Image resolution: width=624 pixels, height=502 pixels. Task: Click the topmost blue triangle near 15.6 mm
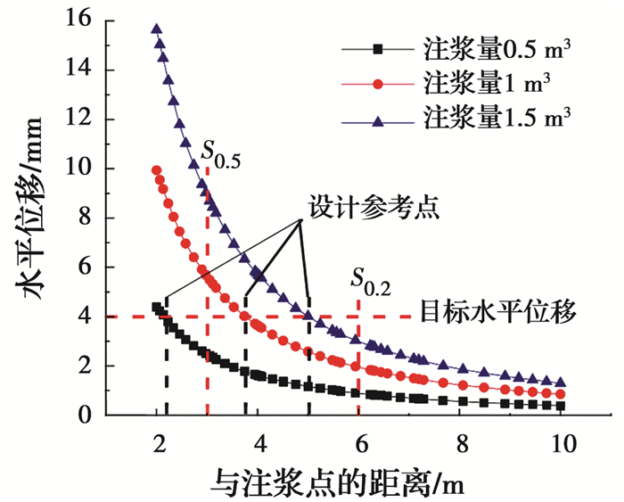point(157,29)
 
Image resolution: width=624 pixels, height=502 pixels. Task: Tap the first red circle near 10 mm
point(157,169)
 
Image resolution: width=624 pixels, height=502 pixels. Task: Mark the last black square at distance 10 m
point(561,406)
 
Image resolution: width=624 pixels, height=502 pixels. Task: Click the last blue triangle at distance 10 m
point(561,382)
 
